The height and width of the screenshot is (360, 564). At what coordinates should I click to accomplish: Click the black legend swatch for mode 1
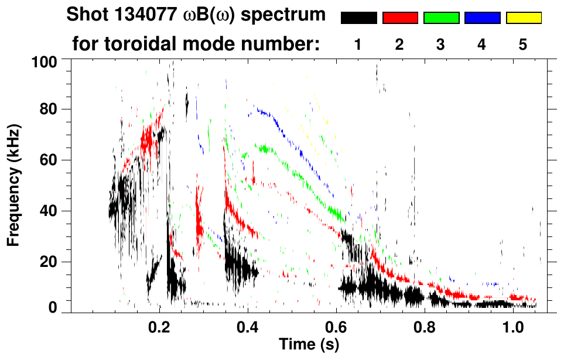click(358, 18)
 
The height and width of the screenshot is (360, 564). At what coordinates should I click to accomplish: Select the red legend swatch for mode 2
click(400, 18)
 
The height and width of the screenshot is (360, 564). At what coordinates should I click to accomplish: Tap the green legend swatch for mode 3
click(441, 18)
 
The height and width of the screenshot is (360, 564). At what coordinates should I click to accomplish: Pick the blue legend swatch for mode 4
click(482, 18)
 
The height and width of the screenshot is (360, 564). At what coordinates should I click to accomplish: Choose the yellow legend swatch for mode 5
click(524, 18)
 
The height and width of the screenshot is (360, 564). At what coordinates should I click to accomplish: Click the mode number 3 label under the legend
click(440, 45)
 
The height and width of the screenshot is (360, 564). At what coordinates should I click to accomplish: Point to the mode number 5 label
click(523, 45)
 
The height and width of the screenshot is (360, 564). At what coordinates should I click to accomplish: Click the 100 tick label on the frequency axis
click(47, 61)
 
